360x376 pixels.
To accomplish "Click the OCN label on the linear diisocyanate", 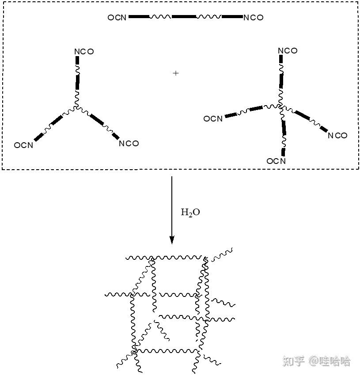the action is coord(117,18).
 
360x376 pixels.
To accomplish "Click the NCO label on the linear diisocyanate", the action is coord(253,18).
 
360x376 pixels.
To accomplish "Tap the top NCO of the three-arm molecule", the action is coord(84,52).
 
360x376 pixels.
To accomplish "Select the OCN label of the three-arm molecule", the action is coord(23,145).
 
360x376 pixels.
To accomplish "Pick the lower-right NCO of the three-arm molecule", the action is coord(129,144).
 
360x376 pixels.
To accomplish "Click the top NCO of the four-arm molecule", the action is coord(288,51).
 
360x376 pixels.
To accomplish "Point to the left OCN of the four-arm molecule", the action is coord(213,119).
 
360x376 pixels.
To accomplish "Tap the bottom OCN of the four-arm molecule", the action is coord(276,161).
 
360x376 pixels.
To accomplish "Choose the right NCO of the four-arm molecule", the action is coord(337,136).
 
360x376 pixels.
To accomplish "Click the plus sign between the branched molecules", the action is coord(176,73).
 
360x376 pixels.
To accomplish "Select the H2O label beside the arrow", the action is coord(190,213).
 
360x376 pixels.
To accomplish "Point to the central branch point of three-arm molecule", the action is coord(76,106).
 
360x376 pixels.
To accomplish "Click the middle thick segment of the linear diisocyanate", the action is coord(183,17).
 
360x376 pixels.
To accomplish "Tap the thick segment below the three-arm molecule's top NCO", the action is coord(77,83).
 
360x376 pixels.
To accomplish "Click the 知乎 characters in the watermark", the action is coord(294,361).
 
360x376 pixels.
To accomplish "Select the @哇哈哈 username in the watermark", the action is coord(330,361).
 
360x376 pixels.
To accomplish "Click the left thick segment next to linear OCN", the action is coord(138,17).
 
